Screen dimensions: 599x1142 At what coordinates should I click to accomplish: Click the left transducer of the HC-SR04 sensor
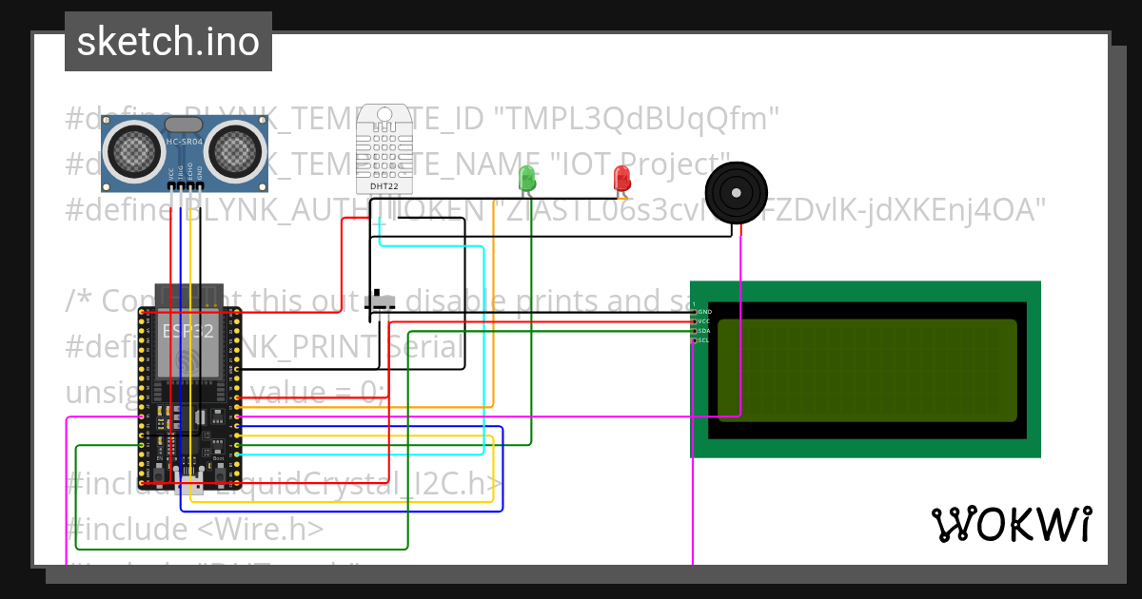pos(135,148)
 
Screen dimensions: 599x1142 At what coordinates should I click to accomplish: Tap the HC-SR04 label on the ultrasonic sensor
pos(186,143)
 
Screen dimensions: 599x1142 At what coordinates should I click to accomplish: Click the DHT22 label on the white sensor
pos(384,186)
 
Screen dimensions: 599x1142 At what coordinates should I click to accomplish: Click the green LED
pos(526,178)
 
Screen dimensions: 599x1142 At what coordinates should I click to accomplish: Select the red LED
pos(621,178)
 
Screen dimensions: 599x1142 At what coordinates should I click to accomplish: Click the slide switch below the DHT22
pos(383,301)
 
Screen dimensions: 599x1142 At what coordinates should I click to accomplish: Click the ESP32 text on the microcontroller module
pos(187,331)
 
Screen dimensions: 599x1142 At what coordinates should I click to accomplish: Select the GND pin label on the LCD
pos(704,312)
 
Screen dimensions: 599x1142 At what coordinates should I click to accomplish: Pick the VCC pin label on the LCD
pos(704,321)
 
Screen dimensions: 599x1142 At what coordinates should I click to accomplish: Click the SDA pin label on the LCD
pos(704,331)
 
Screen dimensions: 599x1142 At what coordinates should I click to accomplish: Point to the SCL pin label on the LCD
pos(704,340)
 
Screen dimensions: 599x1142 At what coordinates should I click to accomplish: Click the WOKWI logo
pos(1011,524)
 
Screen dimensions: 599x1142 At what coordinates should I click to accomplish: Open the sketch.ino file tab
pos(168,42)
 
